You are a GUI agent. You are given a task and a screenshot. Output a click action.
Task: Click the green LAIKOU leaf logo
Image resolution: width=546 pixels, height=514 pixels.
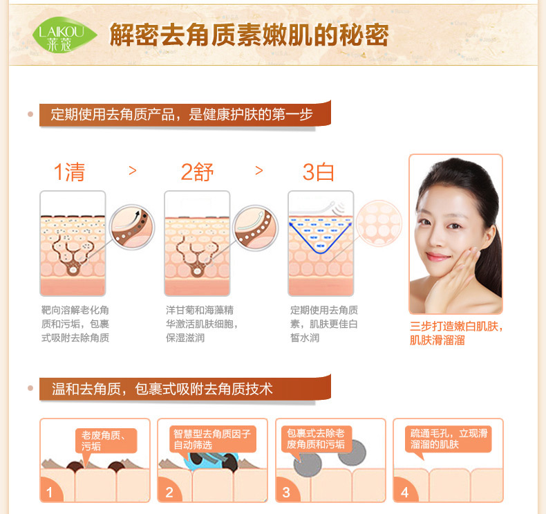point(64,35)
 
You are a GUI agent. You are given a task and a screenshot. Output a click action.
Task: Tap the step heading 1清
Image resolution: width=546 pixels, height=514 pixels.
point(70,172)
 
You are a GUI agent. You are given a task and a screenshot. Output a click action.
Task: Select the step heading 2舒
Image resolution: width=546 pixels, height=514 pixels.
point(197,172)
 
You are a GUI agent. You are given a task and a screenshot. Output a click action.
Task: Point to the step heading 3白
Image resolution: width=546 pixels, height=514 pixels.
point(318,172)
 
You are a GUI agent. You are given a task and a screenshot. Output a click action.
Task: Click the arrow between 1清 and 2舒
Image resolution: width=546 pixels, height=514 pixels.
point(132,170)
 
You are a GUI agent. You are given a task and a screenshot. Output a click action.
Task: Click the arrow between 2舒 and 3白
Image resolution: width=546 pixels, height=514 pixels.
point(259,170)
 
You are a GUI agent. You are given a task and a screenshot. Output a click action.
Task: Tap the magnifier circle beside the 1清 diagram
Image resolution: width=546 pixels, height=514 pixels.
point(131,227)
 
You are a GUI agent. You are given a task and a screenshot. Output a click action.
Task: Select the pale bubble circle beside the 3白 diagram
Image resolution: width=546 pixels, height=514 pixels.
point(379,223)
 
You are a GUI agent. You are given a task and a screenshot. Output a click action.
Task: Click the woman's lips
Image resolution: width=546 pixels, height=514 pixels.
point(437,257)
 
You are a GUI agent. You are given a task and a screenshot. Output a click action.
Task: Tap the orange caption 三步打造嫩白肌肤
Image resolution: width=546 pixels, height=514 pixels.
point(457,326)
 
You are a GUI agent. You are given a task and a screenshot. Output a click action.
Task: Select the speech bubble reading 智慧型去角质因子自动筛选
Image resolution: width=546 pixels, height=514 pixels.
point(212,439)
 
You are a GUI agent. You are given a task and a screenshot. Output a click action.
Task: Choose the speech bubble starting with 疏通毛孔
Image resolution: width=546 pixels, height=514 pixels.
point(449,439)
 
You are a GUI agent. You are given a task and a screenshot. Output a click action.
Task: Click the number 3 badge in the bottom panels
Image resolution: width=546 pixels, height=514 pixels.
point(286,492)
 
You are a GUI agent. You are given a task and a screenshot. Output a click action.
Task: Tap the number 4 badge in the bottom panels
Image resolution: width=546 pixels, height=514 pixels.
point(404,492)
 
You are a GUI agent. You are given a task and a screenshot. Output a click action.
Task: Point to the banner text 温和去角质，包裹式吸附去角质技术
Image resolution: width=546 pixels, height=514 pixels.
point(162,389)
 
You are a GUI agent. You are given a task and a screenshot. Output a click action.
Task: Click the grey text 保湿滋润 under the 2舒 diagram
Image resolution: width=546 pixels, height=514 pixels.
point(185,338)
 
